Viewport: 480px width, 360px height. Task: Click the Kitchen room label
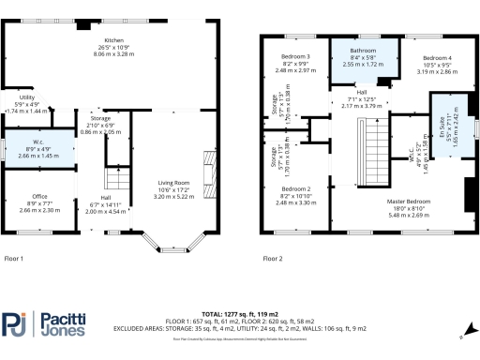tap(113, 41)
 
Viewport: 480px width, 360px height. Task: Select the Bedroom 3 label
tap(295, 57)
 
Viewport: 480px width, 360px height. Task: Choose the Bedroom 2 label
tap(295, 188)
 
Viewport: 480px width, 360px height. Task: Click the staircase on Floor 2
tap(375, 155)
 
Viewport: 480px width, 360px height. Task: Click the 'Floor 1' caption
tap(14, 257)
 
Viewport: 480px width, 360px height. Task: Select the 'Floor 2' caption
tap(272, 257)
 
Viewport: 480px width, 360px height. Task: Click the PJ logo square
tap(15, 325)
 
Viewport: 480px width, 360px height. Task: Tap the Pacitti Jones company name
tap(64, 325)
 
